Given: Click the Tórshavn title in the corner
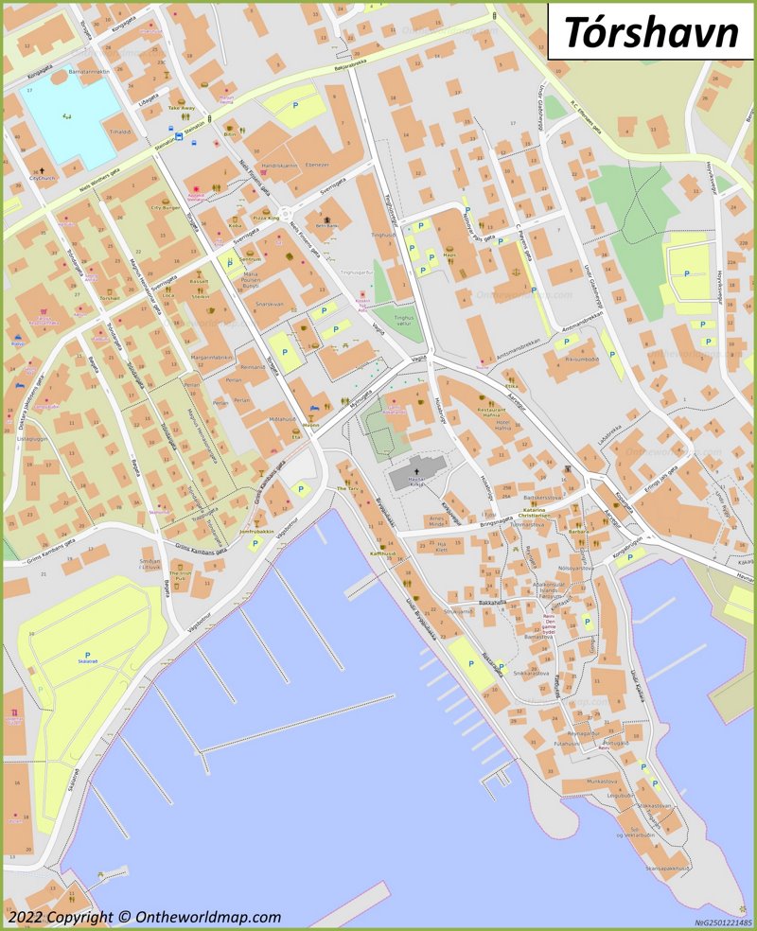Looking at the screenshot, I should pos(651,31).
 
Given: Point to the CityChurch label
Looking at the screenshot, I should pos(43,178).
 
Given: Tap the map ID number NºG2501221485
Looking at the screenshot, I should pos(724,922).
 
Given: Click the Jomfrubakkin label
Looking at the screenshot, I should pos(256,532).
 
